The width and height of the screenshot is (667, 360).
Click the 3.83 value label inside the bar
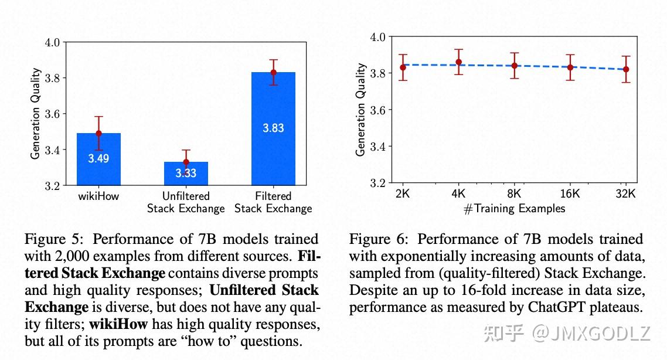(273, 128)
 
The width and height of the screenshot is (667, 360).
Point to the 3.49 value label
(98, 158)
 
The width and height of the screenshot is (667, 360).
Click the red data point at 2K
(403, 67)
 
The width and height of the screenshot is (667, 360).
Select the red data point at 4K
(458, 62)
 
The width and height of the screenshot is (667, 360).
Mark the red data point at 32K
(626, 69)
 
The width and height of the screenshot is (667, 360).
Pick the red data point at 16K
(570, 67)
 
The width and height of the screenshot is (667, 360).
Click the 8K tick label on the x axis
(515, 194)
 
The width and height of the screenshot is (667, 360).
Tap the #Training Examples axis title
(514, 209)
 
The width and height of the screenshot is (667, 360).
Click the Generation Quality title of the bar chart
(36, 114)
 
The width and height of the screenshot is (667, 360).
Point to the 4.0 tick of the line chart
(378, 37)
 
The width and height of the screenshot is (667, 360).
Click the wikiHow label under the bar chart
(98, 196)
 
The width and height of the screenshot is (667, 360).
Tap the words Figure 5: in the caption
(55, 240)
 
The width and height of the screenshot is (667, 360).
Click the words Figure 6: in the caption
(380, 239)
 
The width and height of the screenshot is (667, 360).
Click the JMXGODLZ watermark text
(598, 333)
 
